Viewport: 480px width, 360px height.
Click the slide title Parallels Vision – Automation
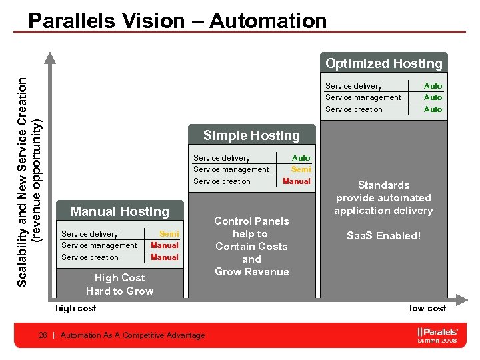[177, 20]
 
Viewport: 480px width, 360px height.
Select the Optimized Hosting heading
[383, 64]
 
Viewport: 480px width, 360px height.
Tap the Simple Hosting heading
[251, 135]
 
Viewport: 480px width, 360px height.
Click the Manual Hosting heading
[120, 211]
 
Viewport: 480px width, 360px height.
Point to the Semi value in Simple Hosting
[301, 169]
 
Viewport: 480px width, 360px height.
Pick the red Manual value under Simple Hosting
[297, 181]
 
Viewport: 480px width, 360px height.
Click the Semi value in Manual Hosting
[169, 234]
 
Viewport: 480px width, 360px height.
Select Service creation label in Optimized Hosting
[354, 109]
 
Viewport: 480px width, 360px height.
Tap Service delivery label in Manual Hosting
[89, 234]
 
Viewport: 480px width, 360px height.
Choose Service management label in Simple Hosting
[231, 169]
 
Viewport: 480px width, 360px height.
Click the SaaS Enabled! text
[383, 236]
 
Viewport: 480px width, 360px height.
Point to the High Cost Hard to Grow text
[120, 285]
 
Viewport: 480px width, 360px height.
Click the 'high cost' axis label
[75, 308]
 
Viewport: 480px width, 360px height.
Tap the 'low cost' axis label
[427, 308]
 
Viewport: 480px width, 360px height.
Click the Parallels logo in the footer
[437, 331]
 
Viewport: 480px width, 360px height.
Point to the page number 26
[44, 335]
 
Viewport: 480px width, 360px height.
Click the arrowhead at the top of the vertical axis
[49, 57]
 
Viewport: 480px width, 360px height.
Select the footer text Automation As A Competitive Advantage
[133, 335]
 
